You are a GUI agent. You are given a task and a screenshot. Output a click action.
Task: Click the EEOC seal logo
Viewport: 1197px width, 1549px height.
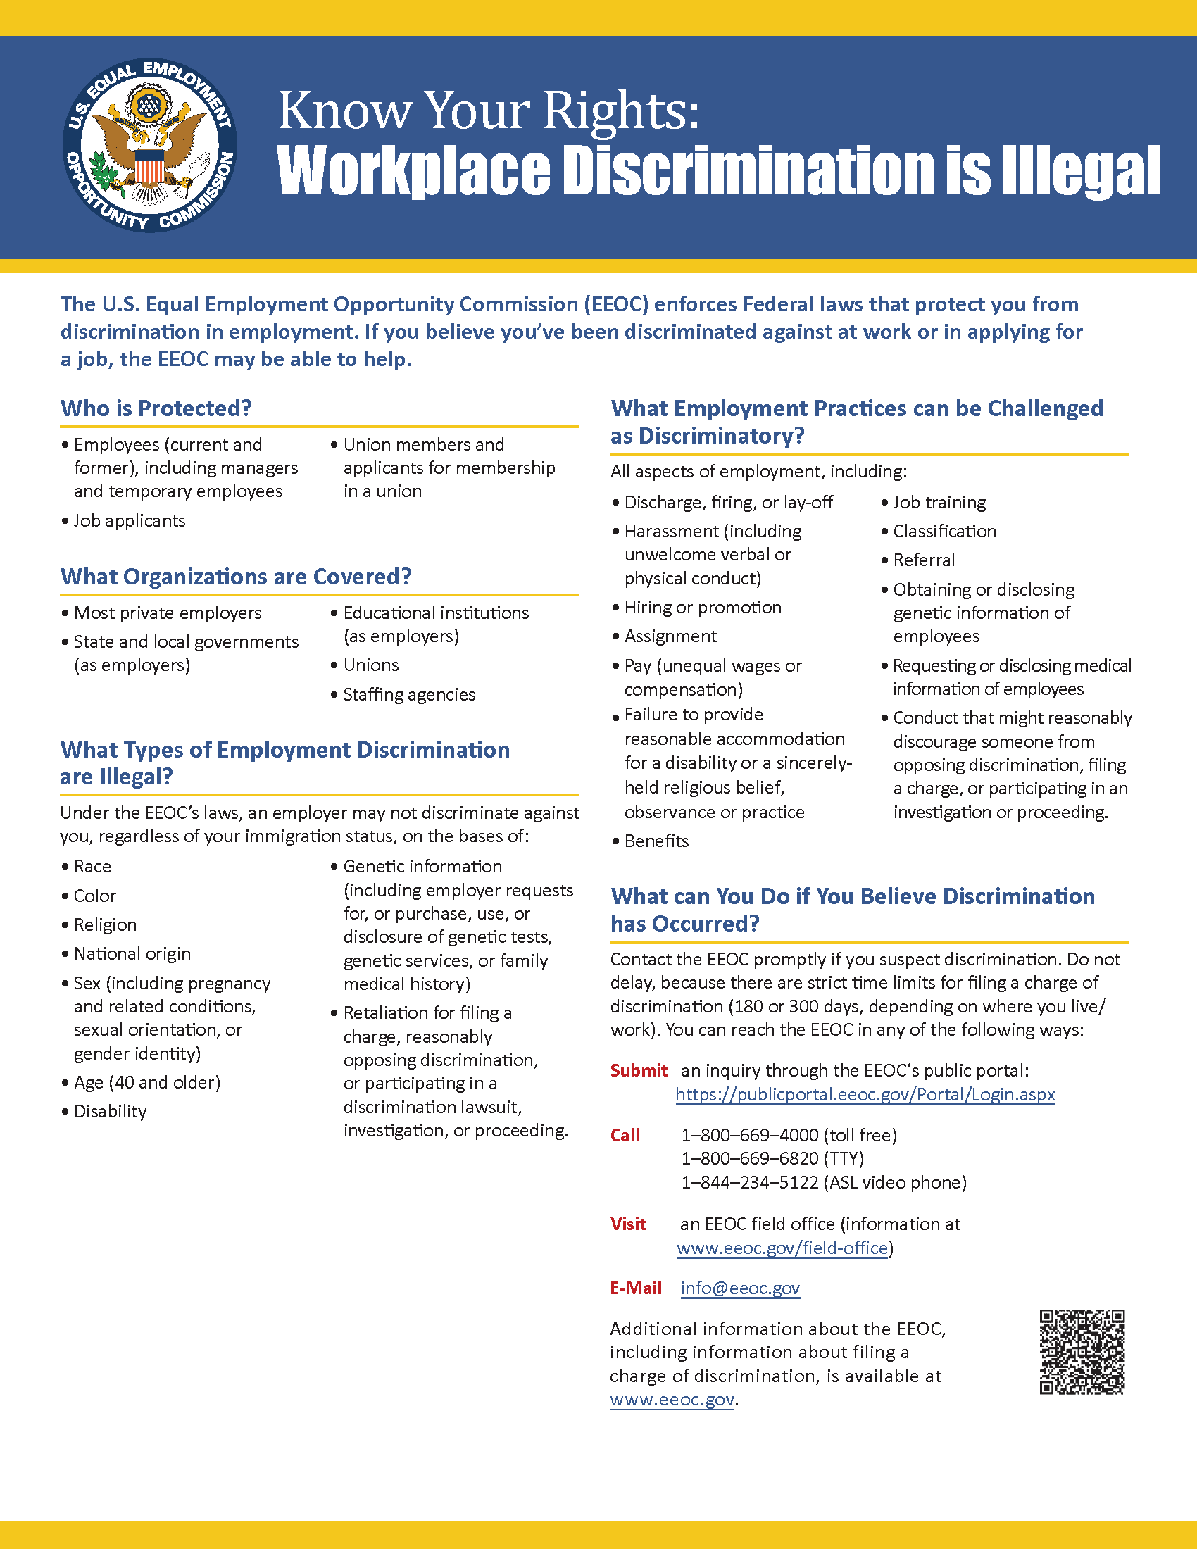click(x=149, y=146)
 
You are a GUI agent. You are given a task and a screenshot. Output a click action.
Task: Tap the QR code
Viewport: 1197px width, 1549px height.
click(x=1082, y=1351)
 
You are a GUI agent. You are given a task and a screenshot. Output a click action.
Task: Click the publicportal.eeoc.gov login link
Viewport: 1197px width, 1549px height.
click(x=865, y=1094)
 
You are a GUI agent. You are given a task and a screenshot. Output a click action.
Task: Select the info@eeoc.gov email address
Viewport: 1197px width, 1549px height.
click(x=740, y=1288)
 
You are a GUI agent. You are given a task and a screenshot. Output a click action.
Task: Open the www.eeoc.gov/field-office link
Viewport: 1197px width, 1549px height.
click(x=782, y=1248)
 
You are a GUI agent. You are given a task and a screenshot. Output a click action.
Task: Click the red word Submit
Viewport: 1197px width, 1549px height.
click(x=639, y=1070)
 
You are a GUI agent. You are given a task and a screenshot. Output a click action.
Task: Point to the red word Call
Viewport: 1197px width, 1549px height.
click(x=625, y=1136)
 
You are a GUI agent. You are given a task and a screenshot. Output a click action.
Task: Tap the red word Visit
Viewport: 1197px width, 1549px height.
click(x=628, y=1224)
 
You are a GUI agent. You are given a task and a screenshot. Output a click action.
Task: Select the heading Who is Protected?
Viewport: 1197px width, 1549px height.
click(x=156, y=408)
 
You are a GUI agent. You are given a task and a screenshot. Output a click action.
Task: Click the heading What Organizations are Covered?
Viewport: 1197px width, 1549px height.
click(x=235, y=577)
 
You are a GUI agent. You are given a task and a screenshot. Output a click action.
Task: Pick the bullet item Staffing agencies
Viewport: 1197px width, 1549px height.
click(x=409, y=694)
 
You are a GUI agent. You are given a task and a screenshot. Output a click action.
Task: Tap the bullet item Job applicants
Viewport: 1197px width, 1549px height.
click(x=129, y=520)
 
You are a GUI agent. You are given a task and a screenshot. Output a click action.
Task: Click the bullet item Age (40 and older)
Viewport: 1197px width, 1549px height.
click(x=146, y=1082)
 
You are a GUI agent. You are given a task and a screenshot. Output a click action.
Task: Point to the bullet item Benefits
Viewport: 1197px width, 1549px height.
click(x=657, y=841)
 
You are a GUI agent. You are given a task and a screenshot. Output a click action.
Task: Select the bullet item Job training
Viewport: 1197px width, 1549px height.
click(x=939, y=502)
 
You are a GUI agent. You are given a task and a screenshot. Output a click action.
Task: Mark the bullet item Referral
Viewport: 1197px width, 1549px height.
click(x=924, y=560)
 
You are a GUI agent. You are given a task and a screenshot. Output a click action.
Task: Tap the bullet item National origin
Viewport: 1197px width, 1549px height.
click(x=132, y=954)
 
